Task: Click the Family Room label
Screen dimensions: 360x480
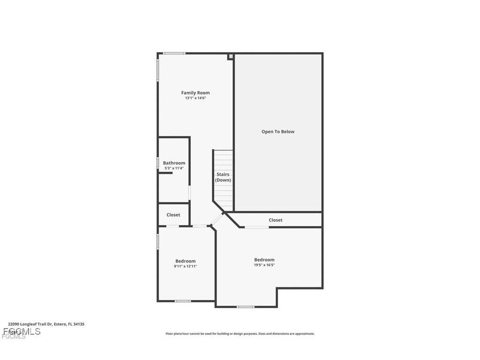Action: click(x=195, y=93)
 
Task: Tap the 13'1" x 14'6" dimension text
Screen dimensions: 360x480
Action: click(x=195, y=98)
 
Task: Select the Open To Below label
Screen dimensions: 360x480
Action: click(x=278, y=132)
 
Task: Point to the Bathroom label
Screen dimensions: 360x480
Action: click(x=174, y=163)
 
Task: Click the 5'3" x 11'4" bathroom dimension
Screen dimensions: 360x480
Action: click(x=174, y=168)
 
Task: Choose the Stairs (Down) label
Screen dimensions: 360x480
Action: click(x=223, y=177)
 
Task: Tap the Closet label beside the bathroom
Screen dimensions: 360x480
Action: click(x=173, y=215)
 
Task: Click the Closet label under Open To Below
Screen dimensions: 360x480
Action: click(x=276, y=220)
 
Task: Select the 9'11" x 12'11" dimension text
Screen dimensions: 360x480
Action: click(x=186, y=266)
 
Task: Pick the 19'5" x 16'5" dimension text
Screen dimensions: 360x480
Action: click(x=264, y=265)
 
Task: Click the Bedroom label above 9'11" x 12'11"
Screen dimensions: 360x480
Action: click(x=186, y=261)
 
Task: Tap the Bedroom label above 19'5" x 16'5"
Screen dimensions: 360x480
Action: click(x=264, y=260)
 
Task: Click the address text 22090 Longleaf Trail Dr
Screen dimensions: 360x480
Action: click(x=46, y=324)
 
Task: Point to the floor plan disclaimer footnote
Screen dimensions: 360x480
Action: click(x=240, y=334)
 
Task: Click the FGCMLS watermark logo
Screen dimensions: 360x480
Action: click(x=21, y=332)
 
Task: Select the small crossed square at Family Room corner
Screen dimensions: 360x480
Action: click(x=230, y=57)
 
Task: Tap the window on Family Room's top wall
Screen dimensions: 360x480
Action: click(x=174, y=53)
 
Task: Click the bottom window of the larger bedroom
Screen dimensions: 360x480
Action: click(x=245, y=307)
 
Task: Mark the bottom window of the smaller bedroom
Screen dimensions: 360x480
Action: click(x=182, y=301)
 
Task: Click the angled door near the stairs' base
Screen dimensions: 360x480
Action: click(x=217, y=219)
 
